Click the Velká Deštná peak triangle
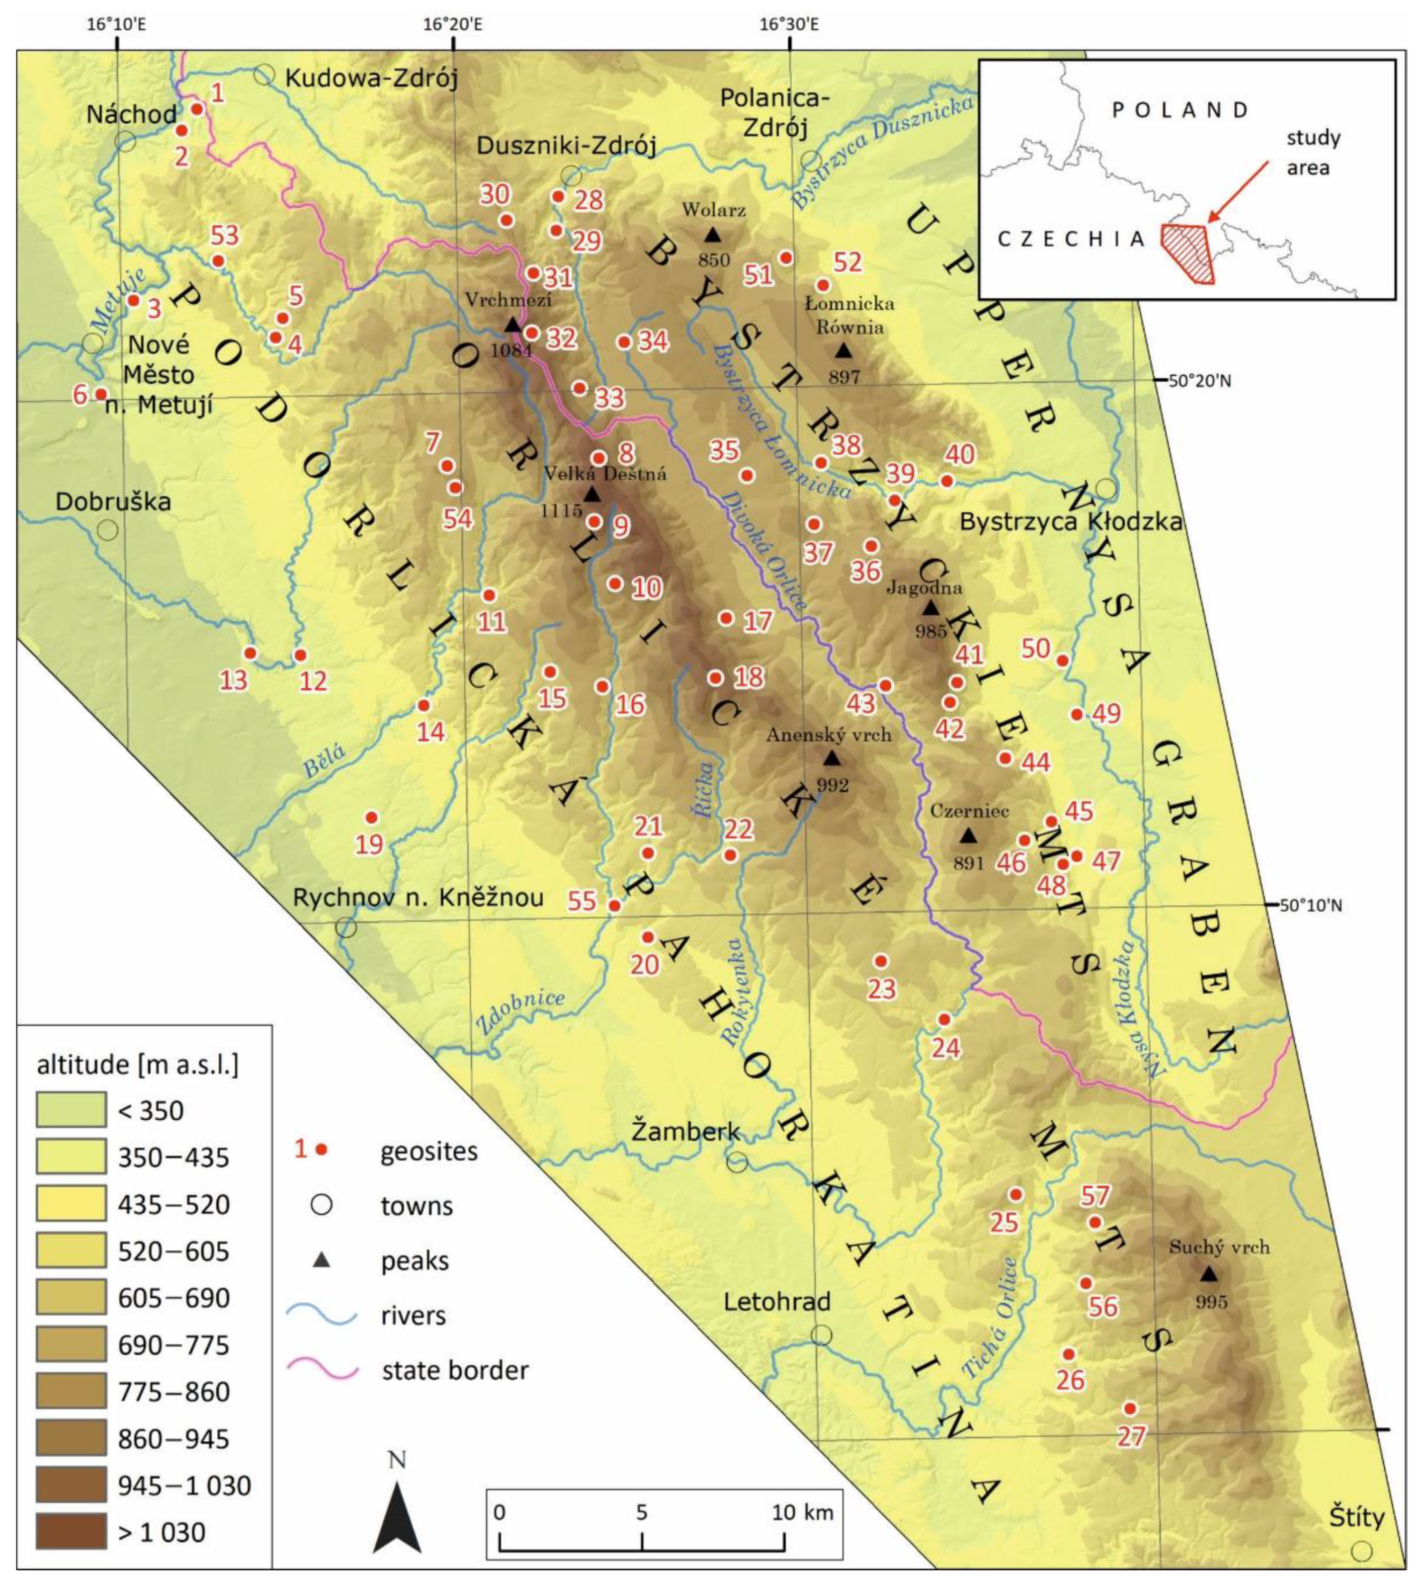click(591, 495)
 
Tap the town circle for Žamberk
click(737, 1162)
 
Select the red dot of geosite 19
click(372, 817)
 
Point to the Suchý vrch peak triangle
click(1209, 1273)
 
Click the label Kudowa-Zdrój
click(371, 78)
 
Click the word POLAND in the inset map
click(1180, 110)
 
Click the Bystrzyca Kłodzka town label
click(1071, 522)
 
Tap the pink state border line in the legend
click(322, 1369)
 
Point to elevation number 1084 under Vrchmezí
click(511, 350)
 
